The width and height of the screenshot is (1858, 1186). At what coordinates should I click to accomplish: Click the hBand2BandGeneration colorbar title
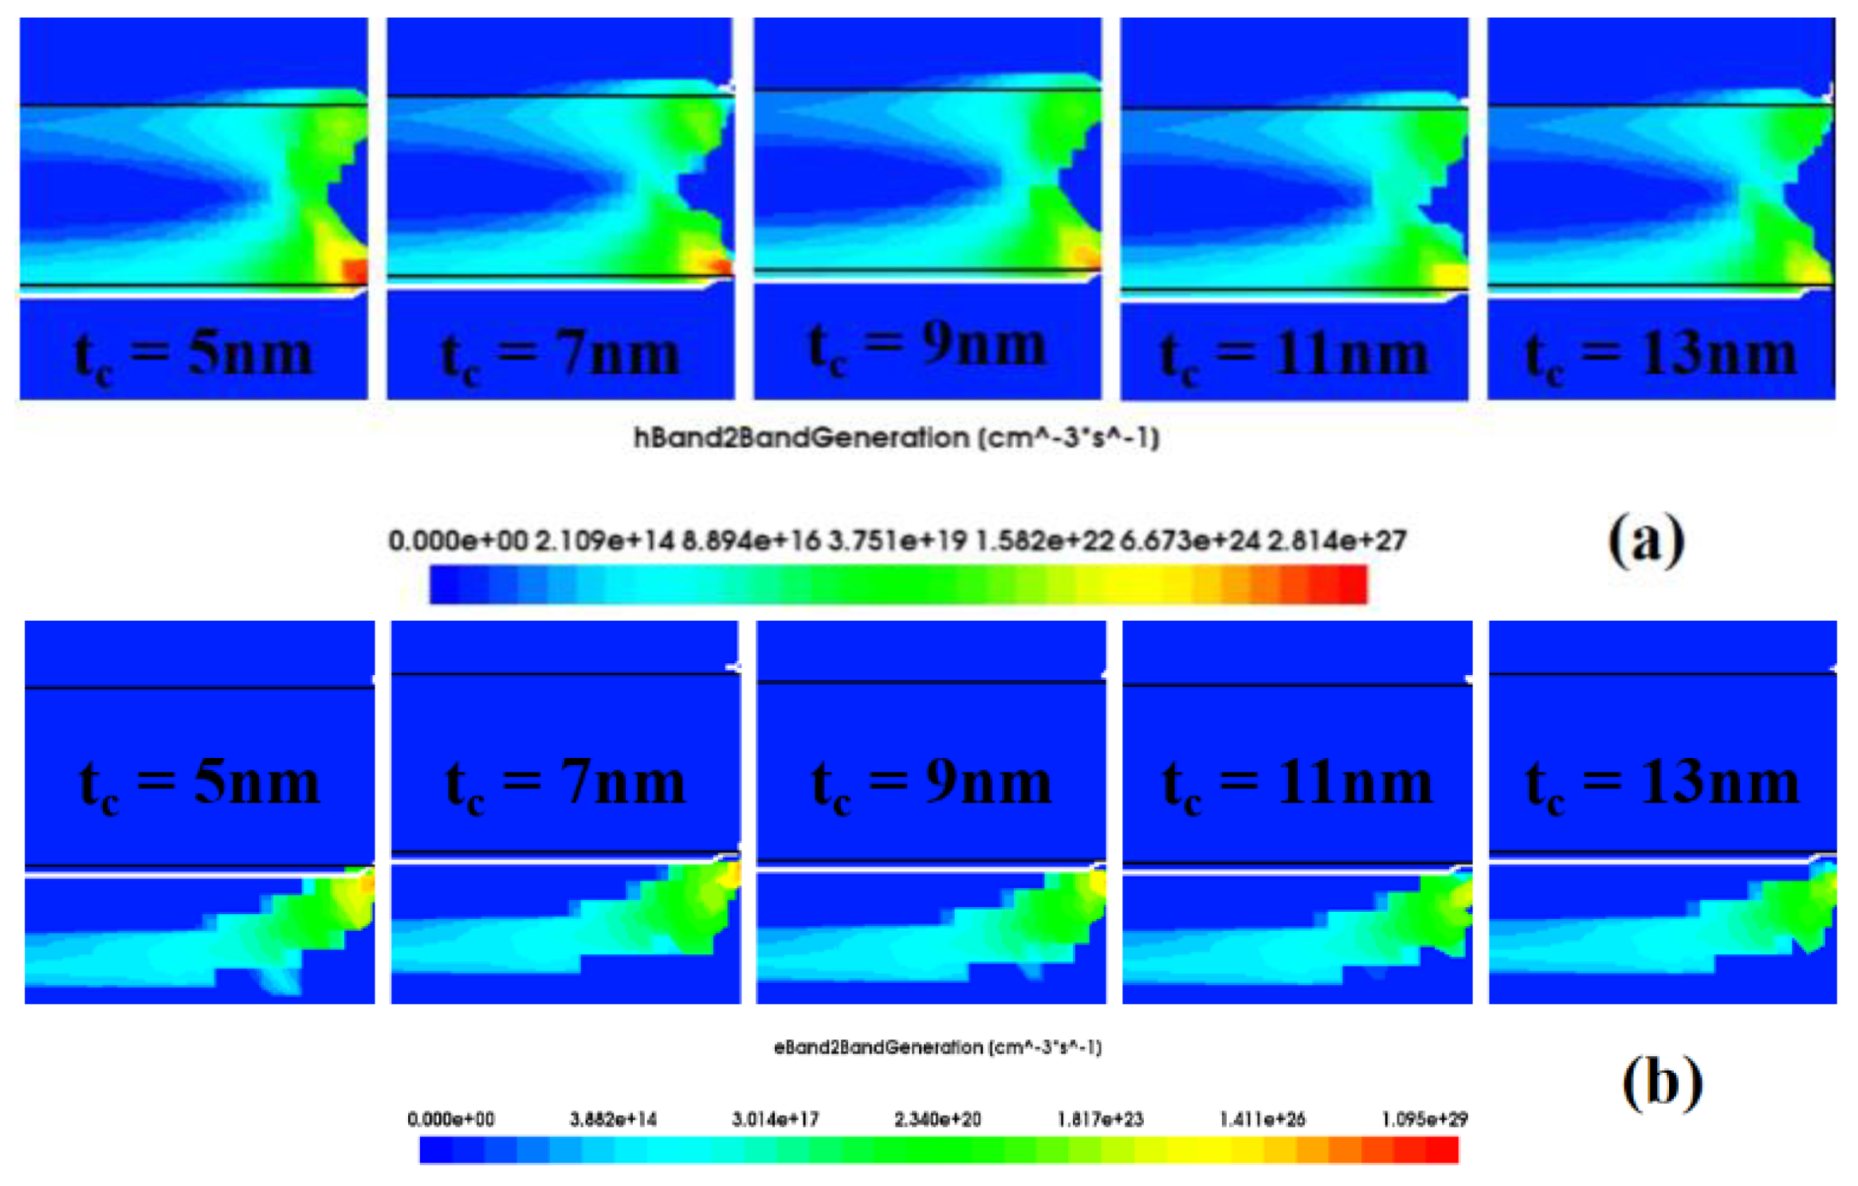pyautogui.click(x=896, y=438)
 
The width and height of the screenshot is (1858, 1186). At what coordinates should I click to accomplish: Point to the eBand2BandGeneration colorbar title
pyautogui.click(x=937, y=1047)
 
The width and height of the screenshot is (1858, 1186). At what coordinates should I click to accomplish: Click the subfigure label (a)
pyautogui.click(x=1646, y=540)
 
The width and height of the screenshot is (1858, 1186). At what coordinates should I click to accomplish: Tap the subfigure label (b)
pyautogui.click(x=1662, y=1082)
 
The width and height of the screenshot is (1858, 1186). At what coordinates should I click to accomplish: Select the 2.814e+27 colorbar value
pyautogui.click(x=1337, y=541)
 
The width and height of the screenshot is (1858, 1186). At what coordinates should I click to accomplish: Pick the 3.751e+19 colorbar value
pyautogui.click(x=897, y=541)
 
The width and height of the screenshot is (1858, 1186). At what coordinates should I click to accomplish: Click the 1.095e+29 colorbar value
pyautogui.click(x=1424, y=1119)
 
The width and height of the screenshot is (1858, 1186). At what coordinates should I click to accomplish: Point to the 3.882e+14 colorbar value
pyautogui.click(x=613, y=1119)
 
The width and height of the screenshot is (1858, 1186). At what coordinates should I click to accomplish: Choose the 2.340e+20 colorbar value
pyautogui.click(x=937, y=1119)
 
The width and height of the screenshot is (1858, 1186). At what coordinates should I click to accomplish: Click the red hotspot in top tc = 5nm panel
pyautogui.click(x=355, y=271)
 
